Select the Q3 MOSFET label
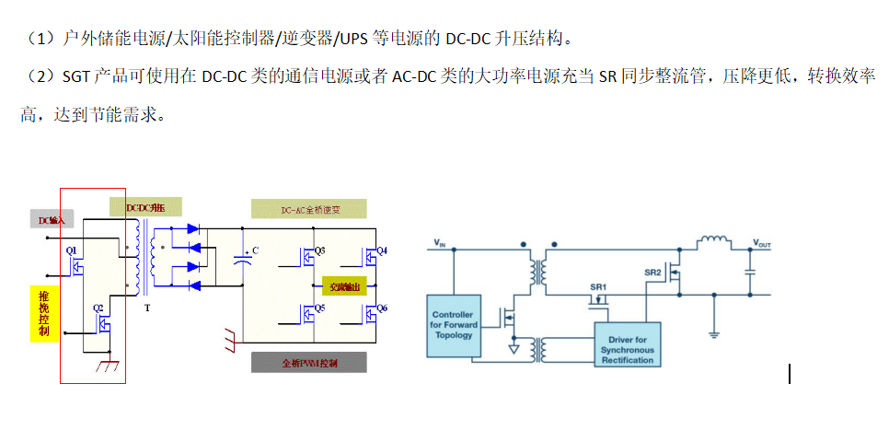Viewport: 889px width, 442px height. point(319,250)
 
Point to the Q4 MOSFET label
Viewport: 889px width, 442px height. point(382,250)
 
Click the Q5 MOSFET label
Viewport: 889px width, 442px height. point(319,307)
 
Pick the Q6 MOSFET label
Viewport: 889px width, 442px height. point(382,307)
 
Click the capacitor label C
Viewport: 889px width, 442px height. point(255,250)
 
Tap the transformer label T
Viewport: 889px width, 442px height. point(147,309)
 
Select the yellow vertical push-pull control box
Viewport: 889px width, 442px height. point(44,313)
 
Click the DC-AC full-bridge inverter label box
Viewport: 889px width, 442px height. point(308,209)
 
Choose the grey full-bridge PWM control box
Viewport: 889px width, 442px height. point(308,363)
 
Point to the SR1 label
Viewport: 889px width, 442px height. point(598,287)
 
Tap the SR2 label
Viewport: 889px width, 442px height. point(652,273)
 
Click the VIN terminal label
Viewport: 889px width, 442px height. point(440,243)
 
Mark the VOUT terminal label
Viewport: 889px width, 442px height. point(762,243)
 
